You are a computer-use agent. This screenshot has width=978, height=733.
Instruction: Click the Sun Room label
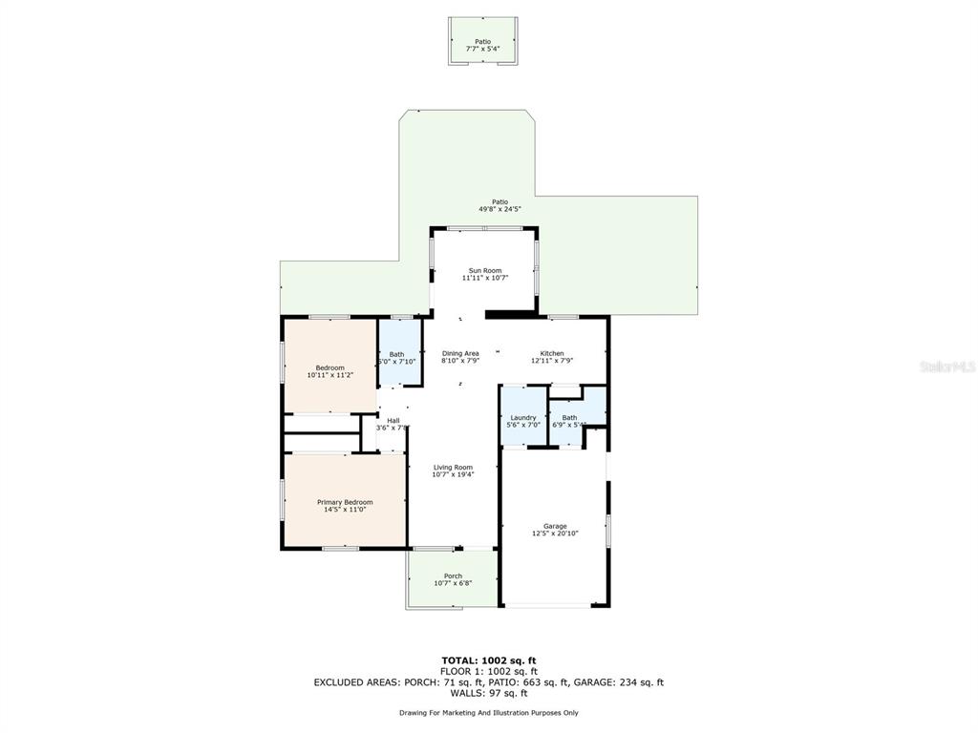tap(484, 270)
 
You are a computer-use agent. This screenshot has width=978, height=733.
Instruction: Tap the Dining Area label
tap(459, 353)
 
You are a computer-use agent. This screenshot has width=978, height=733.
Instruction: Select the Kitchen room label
tap(552, 353)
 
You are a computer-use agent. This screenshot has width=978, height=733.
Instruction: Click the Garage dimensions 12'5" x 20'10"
tap(555, 534)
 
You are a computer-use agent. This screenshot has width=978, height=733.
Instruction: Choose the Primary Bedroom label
tap(345, 502)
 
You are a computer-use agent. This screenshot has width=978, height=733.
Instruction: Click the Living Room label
tap(453, 467)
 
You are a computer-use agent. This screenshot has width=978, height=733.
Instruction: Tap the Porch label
tap(453, 576)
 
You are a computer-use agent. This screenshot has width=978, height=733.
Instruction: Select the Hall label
tap(393, 420)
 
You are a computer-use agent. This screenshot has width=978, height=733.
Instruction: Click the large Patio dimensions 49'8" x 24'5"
tap(500, 209)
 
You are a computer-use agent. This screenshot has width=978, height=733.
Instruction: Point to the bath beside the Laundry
tap(569, 418)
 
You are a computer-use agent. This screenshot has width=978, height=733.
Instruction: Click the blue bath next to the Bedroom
tap(396, 355)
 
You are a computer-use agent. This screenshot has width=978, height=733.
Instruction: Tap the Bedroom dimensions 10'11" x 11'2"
tap(330, 376)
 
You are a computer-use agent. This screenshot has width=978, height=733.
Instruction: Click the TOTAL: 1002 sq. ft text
tap(488, 660)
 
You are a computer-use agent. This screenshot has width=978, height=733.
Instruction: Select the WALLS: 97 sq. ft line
tap(488, 694)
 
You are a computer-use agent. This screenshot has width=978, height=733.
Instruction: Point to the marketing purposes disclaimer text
tap(488, 713)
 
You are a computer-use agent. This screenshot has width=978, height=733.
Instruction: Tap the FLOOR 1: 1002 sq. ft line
tap(488, 671)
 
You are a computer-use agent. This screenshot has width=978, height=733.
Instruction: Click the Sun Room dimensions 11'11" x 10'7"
tap(484, 278)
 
